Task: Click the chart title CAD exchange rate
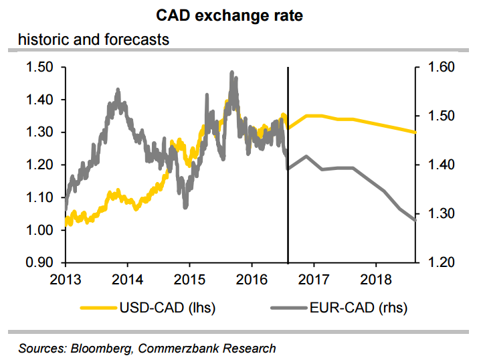coord(239,15)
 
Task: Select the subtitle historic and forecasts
coord(93,39)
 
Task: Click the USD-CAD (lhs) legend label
coord(167,308)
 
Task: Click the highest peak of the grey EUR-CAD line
coord(231,72)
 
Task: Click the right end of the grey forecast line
coord(415,220)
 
